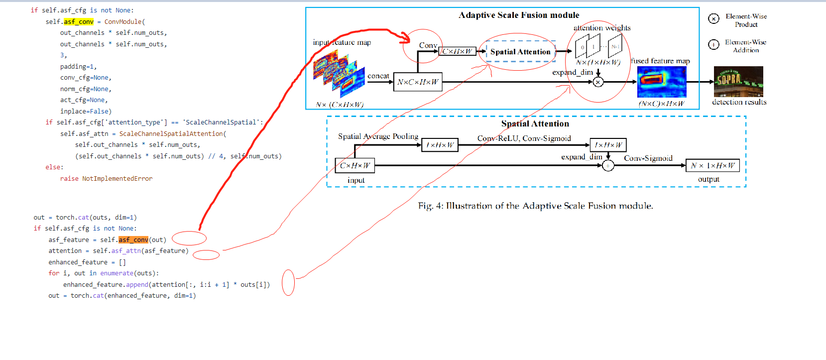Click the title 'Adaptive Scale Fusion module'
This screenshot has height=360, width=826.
point(519,15)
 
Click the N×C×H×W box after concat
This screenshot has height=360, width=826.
point(418,82)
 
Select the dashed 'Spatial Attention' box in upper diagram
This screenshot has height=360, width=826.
point(520,51)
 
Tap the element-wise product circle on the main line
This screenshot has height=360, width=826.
point(598,82)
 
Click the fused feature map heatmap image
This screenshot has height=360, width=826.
point(662,82)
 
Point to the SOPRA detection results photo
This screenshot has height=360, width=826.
point(738,81)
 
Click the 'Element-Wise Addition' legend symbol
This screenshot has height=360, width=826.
point(713,45)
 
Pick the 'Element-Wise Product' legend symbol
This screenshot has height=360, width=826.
point(713,19)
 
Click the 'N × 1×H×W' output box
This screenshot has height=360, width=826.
point(712,165)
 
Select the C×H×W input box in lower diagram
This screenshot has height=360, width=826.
point(355,165)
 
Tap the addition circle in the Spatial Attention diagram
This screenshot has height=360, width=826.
point(608,166)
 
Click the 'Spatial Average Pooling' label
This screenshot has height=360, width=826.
point(378,136)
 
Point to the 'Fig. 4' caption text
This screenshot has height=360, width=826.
point(535,206)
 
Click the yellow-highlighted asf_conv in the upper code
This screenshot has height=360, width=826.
point(79,21)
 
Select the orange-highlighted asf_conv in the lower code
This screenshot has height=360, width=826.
point(133,240)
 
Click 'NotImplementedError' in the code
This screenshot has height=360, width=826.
point(117,178)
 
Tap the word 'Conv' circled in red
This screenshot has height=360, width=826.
point(428,45)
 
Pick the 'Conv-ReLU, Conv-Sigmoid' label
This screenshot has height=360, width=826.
point(524,138)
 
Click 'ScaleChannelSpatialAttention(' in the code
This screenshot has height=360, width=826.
point(172,133)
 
